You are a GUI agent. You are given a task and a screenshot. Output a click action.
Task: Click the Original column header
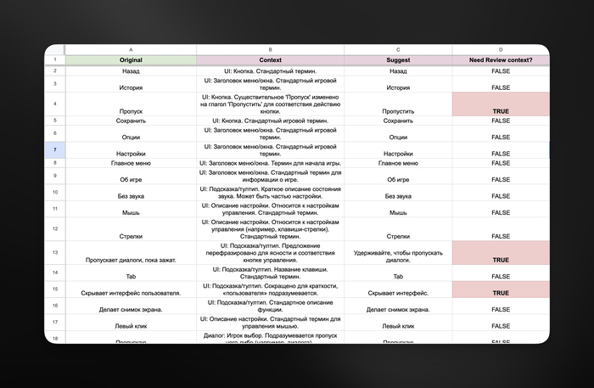[131, 60]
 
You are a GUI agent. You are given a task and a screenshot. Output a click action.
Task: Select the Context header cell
[270, 60]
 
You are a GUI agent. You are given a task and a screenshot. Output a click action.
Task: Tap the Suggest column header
[398, 60]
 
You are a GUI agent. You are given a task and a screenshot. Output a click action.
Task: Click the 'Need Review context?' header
[501, 60]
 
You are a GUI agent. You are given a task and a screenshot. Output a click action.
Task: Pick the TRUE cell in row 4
[501, 104]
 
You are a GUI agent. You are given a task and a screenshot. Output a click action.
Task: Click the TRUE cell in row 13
[501, 253]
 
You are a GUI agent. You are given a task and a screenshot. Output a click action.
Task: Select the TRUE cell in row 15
[501, 292]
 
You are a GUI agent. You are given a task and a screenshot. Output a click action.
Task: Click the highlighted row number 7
[54, 149]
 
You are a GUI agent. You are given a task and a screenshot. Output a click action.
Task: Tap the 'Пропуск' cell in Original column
[131, 110]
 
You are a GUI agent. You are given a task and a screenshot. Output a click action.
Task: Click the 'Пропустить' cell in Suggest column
[398, 110]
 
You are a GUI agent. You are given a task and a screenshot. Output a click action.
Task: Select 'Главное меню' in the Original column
[131, 163]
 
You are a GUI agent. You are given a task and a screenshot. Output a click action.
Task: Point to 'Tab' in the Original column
[131, 276]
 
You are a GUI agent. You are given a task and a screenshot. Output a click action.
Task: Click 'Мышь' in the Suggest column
[398, 211]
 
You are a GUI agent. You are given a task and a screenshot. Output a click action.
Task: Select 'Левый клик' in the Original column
[131, 325]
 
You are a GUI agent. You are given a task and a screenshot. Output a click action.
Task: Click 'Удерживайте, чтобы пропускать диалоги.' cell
[398, 256]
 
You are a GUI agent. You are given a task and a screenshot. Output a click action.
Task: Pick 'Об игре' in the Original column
[131, 179]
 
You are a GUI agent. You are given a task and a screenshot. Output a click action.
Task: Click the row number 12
[54, 228]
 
